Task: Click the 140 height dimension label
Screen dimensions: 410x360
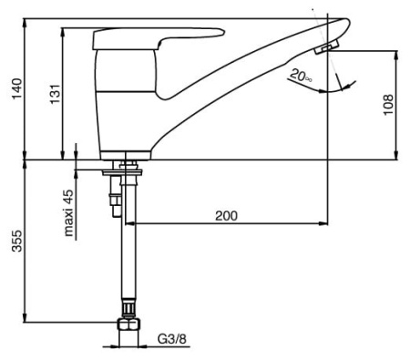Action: pos(17,88)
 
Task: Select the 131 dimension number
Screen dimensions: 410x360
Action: pos(56,94)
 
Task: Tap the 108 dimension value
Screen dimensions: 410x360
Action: pos(388,105)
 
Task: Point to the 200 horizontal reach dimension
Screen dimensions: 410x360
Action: pos(226,216)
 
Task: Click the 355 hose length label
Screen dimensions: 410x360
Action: pos(17,241)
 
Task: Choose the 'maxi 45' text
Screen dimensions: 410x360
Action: pos(69,213)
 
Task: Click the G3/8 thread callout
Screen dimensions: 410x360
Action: pos(172,338)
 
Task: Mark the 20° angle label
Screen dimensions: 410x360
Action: pos(301,75)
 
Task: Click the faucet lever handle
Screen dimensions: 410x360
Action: pos(158,37)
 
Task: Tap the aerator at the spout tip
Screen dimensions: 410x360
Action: pos(327,47)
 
